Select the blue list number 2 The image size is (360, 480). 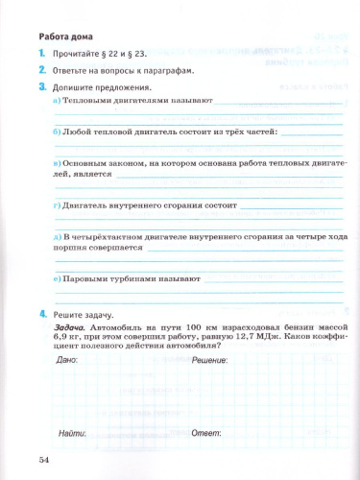click(41, 72)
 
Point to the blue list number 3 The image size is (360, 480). click(41, 87)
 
